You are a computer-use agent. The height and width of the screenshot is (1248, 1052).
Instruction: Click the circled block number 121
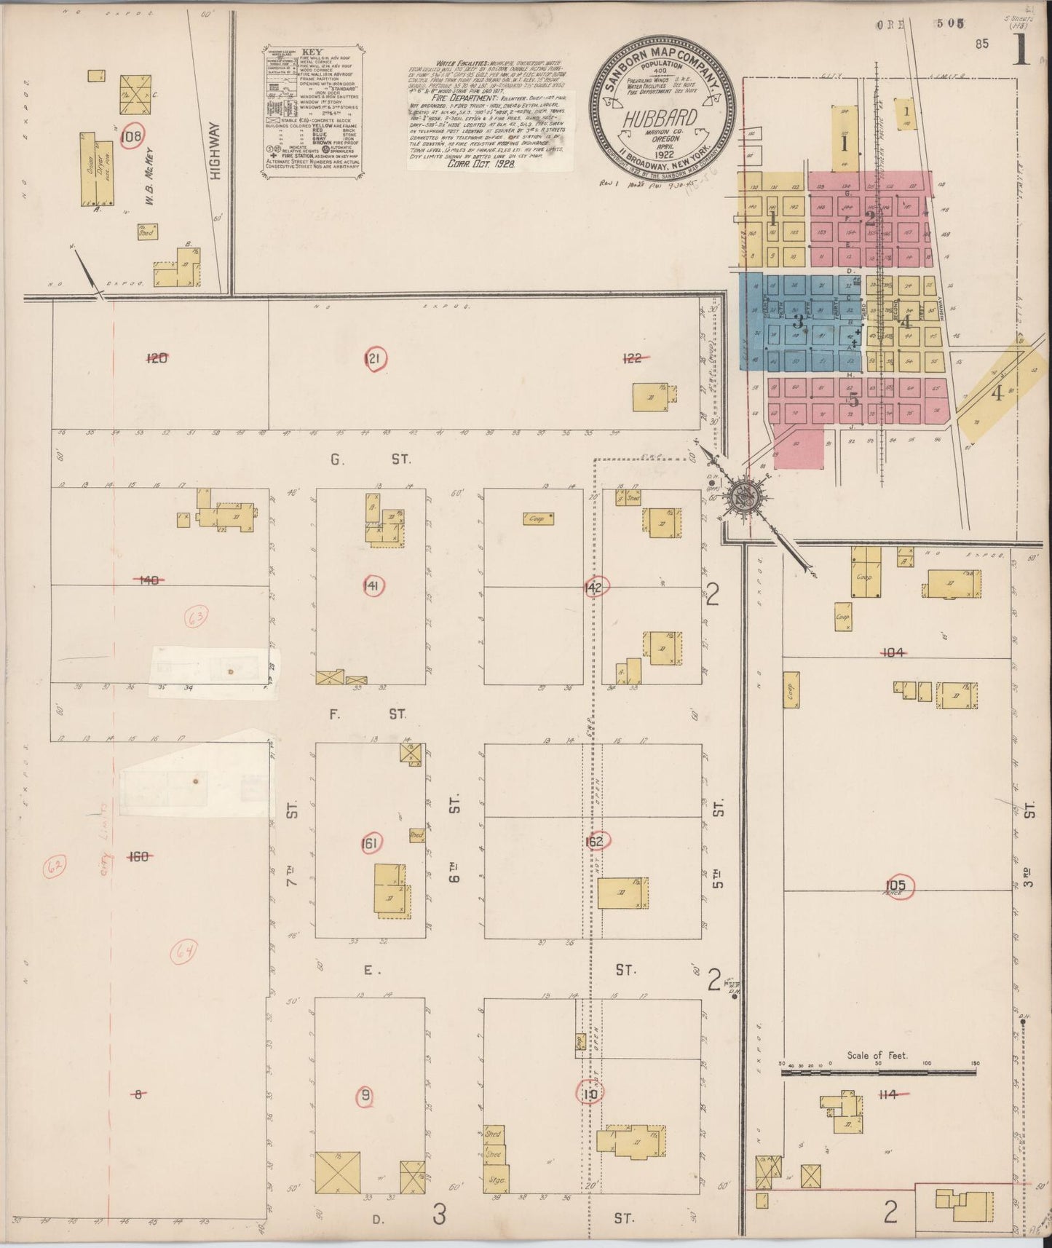coord(375,358)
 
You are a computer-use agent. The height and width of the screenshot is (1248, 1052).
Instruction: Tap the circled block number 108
coord(133,136)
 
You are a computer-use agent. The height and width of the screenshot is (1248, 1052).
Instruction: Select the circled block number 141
coord(373,586)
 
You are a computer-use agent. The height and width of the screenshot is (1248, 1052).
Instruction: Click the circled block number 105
coord(896,885)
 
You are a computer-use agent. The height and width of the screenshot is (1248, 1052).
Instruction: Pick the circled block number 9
coord(365,1094)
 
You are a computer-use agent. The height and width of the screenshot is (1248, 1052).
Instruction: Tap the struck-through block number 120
coord(157,358)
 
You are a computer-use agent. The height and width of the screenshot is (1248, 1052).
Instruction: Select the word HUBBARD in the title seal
coord(660,119)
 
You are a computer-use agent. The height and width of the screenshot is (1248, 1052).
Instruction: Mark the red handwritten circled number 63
coord(197,618)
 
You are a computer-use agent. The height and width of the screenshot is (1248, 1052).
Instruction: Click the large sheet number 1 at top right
coord(1021,50)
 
